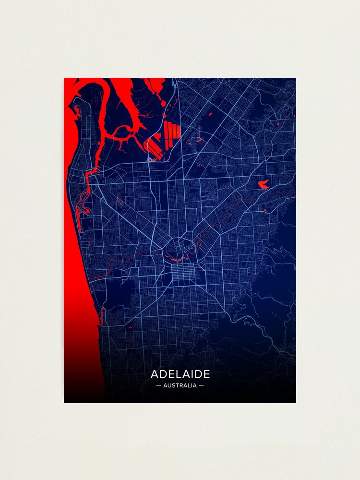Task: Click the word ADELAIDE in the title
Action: click(x=180, y=374)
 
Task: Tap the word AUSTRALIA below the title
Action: click(x=180, y=385)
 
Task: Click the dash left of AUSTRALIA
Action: click(x=159, y=385)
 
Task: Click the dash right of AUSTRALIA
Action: click(x=201, y=385)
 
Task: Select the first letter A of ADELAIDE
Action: click(x=155, y=374)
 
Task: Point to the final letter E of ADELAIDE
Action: click(x=206, y=374)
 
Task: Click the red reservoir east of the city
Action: click(x=263, y=183)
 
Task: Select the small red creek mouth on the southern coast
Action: click(x=102, y=314)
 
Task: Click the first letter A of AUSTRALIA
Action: click(x=166, y=385)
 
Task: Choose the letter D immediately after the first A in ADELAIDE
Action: click(x=162, y=374)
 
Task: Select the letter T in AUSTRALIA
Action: click(x=178, y=385)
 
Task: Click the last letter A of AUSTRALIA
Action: click(x=194, y=385)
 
